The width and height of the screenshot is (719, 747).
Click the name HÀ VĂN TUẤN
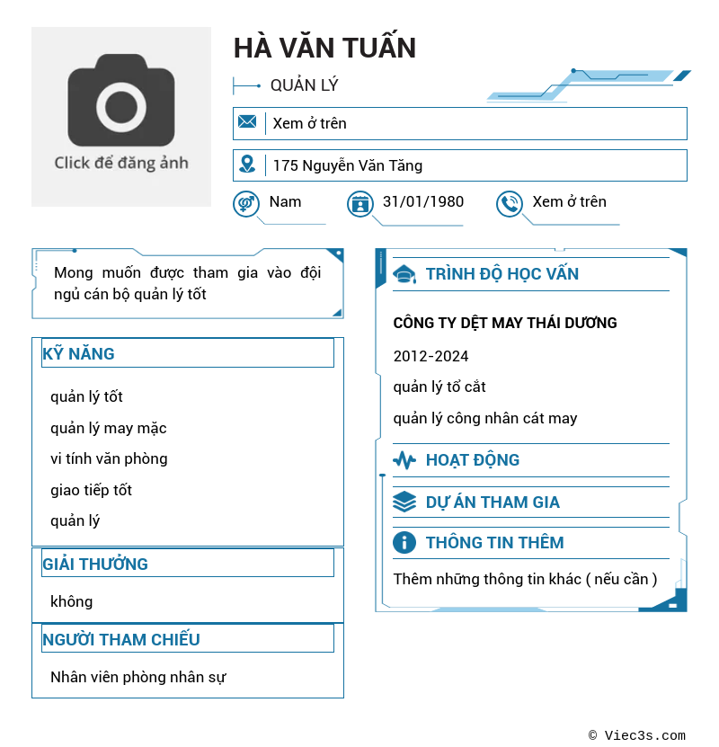point(324,48)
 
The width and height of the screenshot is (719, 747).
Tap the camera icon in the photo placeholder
point(121,101)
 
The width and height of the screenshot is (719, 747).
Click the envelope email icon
point(247,122)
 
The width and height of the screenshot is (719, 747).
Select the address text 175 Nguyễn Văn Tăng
point(347,165)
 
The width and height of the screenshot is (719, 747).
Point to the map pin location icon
point(247,165)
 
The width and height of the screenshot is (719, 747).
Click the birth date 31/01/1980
point(423,201)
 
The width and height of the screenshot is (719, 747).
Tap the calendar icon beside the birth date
point(360,204)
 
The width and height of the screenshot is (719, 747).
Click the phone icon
point(510,204)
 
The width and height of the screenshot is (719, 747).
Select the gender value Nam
point(285,201)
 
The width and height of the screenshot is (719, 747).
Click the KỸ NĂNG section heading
point(79,353)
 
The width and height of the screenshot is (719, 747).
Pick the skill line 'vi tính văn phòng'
point(109,458)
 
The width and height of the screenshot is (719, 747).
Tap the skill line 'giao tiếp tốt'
point(91,490)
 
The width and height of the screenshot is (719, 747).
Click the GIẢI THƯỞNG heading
point(95,564)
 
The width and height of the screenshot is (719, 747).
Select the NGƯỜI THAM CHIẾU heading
point(121,639)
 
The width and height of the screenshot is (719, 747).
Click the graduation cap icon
point(404,274)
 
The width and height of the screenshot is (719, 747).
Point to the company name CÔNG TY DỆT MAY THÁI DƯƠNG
point(505,323)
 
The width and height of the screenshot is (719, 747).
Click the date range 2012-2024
point(431,356)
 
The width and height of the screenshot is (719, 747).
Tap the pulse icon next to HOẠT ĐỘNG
point(404,460)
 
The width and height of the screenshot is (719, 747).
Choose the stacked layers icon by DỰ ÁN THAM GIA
point(404,502)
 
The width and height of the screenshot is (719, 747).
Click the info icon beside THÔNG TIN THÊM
point(404,542)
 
